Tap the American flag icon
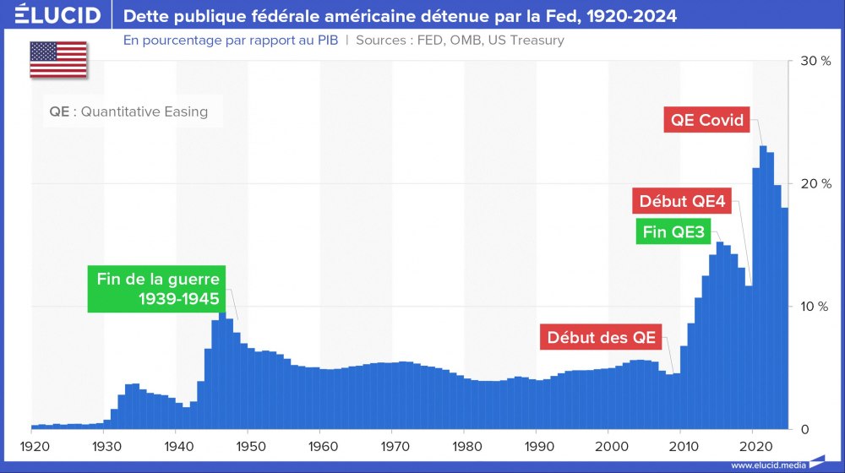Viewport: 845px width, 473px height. point(58,59)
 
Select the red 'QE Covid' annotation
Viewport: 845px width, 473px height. point(707,120)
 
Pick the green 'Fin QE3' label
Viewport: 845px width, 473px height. point(673,232)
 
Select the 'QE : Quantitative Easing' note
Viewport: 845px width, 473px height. point(128,111)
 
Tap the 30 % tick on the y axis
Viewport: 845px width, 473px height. point(815,62)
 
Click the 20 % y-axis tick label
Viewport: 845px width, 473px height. point(815,184)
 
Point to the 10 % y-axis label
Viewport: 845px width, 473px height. point(815,307)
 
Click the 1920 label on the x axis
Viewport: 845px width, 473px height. point(32,444)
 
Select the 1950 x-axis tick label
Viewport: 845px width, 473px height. point(248,444)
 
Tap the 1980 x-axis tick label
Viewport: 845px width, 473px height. point(465,444)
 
